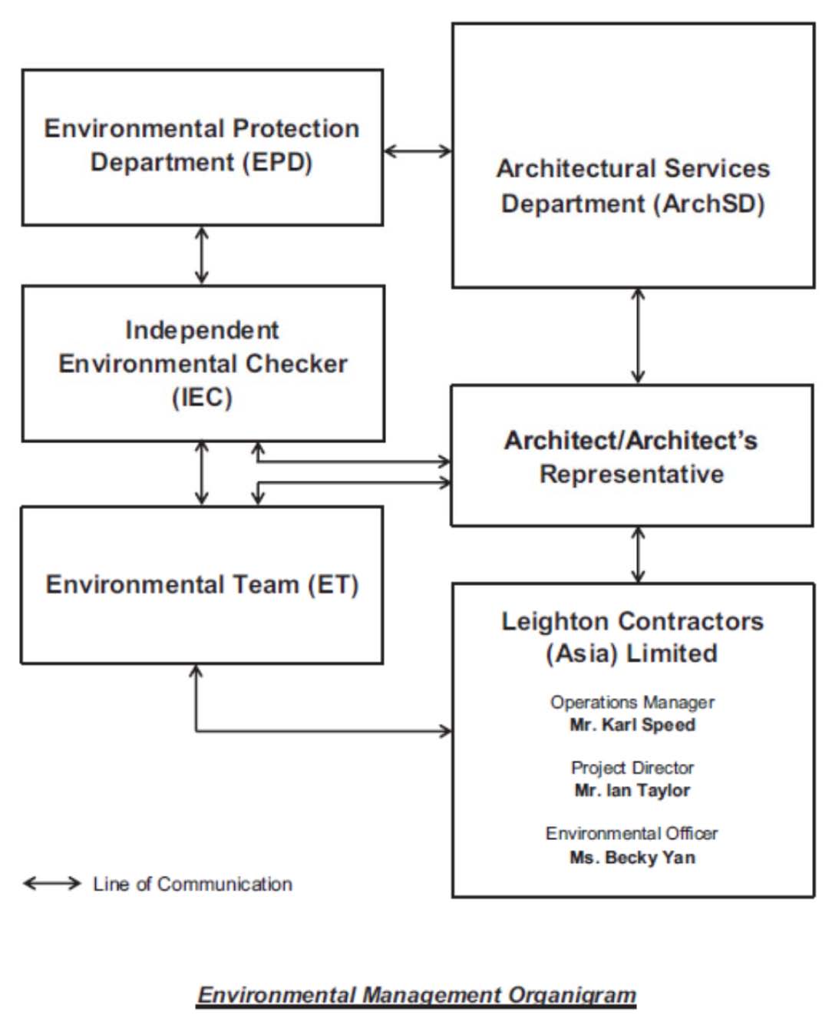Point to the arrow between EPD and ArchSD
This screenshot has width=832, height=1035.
418,151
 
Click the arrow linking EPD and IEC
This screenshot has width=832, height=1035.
202,256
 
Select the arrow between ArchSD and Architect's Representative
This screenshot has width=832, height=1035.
638,336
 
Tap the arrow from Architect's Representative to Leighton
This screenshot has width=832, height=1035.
638,554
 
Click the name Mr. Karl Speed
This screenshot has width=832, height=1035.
632,724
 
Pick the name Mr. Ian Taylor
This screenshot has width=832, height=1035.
632,790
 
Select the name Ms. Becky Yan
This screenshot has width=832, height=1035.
632,857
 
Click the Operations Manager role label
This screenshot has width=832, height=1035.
632,703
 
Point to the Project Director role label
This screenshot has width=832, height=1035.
632,768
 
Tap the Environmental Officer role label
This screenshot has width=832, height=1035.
632,834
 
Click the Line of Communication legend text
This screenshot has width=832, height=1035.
193,884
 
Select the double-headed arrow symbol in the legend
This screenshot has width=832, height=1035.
52,883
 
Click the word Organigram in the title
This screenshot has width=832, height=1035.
573,995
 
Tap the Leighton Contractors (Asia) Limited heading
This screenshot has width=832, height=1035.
632,637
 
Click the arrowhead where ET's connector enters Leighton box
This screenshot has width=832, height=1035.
446,731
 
